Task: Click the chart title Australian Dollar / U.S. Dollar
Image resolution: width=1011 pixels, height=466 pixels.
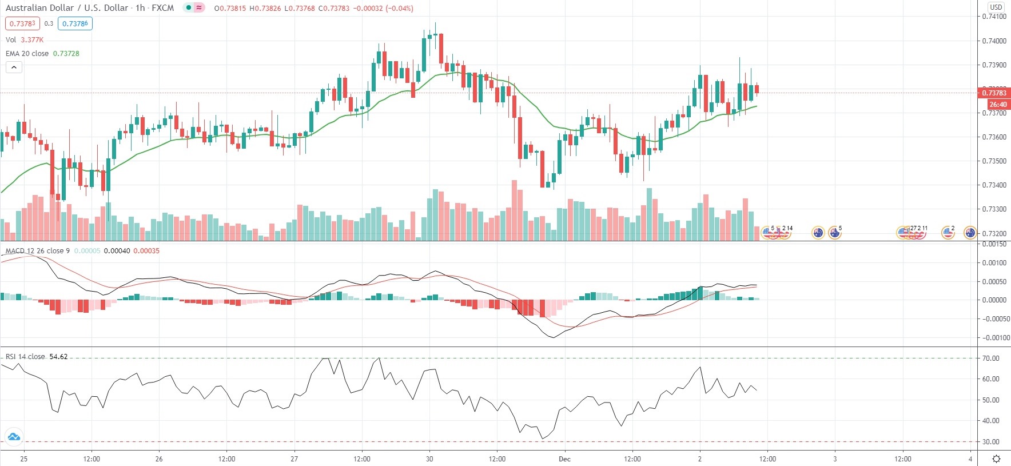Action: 66,8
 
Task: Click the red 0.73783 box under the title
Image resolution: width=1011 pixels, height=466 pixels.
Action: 22,23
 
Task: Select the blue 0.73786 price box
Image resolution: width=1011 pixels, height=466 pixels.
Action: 75,23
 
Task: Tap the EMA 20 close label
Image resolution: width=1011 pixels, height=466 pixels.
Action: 27,53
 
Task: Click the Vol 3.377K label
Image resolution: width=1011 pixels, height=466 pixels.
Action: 24,39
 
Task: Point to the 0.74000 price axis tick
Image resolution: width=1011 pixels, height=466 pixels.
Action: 994,41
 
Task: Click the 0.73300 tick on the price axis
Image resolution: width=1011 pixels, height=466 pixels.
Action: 994,209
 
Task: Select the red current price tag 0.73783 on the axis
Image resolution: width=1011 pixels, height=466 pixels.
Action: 994,93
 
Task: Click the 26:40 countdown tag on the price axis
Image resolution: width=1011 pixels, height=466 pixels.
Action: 998,105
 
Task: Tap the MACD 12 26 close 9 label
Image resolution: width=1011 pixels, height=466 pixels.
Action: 37,251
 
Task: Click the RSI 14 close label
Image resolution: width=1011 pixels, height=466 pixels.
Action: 25,357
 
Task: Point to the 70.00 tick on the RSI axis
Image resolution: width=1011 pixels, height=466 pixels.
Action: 991,359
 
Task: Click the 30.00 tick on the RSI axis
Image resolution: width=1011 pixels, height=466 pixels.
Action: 991,442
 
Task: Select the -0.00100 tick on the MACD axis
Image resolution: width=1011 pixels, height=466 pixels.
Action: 995,338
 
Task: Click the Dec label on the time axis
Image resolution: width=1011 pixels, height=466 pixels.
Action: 565,459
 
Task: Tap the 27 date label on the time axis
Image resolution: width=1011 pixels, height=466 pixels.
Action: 294,459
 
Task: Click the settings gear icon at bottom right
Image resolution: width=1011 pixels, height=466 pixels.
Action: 996,459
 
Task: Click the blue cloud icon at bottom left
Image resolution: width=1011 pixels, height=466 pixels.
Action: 14,437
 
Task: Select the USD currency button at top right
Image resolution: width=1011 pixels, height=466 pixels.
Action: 996,7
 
